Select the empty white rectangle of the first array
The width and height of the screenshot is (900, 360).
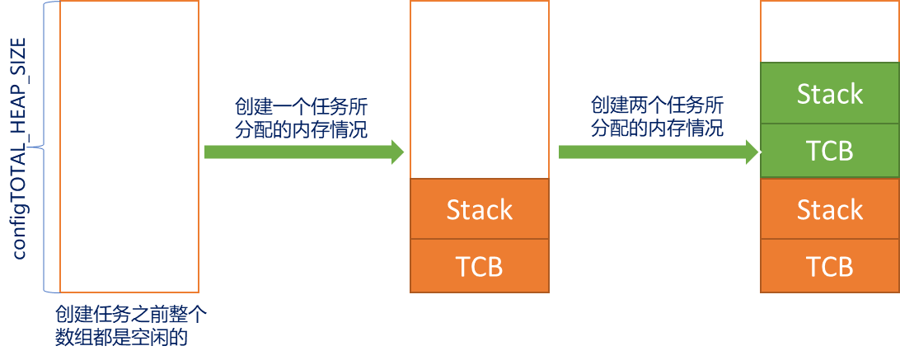click(x=129, y=147)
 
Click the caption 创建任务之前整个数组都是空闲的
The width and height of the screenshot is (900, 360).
click(x=129, y=326)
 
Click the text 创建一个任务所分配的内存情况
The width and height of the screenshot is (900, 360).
click(x=301, y=118)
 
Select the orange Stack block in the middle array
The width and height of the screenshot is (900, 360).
click(x=479, y=209)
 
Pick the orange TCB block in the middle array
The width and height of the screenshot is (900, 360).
click(x=479, y=266)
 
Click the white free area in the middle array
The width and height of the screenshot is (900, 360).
click(x=479, y=90)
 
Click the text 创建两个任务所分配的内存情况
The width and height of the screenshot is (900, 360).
click(x=657, y=117)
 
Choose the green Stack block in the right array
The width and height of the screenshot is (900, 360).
click(x=829, y=93)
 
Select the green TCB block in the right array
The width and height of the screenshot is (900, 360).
click(x=829, y=151)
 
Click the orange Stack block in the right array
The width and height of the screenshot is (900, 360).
click(x=829, y=208)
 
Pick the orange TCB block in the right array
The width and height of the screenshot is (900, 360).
click(x=829, y=266)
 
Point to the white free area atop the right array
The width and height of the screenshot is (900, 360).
click(x=829, y=32)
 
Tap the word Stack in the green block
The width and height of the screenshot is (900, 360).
click(x=829, y=94)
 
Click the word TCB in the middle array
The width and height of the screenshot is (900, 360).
click(x=479, y=267)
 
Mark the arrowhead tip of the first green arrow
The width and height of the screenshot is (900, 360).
click(x=406, y=152)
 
